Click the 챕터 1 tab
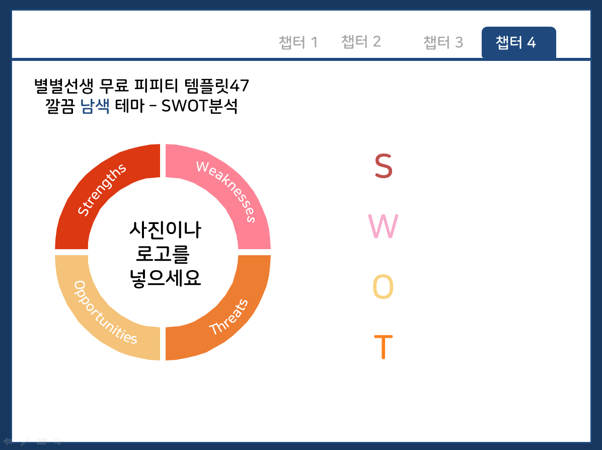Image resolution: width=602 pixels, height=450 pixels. [298, 42]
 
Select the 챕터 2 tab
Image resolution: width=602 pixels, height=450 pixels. [361, 41]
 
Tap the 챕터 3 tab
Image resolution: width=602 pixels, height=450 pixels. [443, 42]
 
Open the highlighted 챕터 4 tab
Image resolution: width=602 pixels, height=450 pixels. [518, 42]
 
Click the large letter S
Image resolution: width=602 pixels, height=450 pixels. [384, 166]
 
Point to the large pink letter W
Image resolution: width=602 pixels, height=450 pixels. [383, 227]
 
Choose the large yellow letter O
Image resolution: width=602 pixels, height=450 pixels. [383, 287]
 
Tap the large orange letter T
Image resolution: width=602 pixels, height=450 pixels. [383, 347]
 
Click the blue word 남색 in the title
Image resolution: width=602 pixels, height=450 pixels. [95, 106]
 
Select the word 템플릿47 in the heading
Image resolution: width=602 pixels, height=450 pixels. [217, 86]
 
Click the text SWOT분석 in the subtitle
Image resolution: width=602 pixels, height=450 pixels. [200, 106]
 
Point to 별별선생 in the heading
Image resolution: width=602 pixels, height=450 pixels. [64, 86]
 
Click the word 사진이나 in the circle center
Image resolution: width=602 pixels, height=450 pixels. [166, 230]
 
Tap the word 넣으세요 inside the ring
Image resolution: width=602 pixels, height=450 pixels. [166, 278]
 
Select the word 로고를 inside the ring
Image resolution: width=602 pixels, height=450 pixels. [163, 254]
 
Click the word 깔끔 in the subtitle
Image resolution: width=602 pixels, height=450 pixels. [60, 106]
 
